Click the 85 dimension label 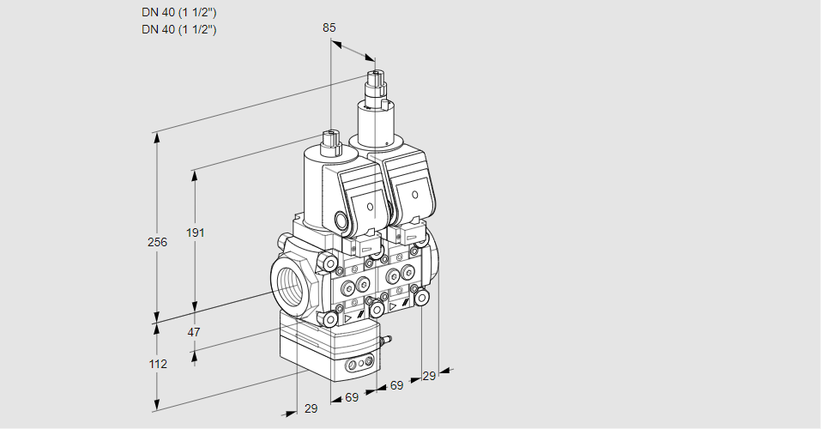pos(329,27)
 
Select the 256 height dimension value pos(157,242)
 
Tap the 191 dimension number pos(197,233)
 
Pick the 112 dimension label pos(157,364)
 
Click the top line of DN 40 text pos(178,13)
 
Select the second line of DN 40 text pos(178,29)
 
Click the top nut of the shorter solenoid pos(330,136)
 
